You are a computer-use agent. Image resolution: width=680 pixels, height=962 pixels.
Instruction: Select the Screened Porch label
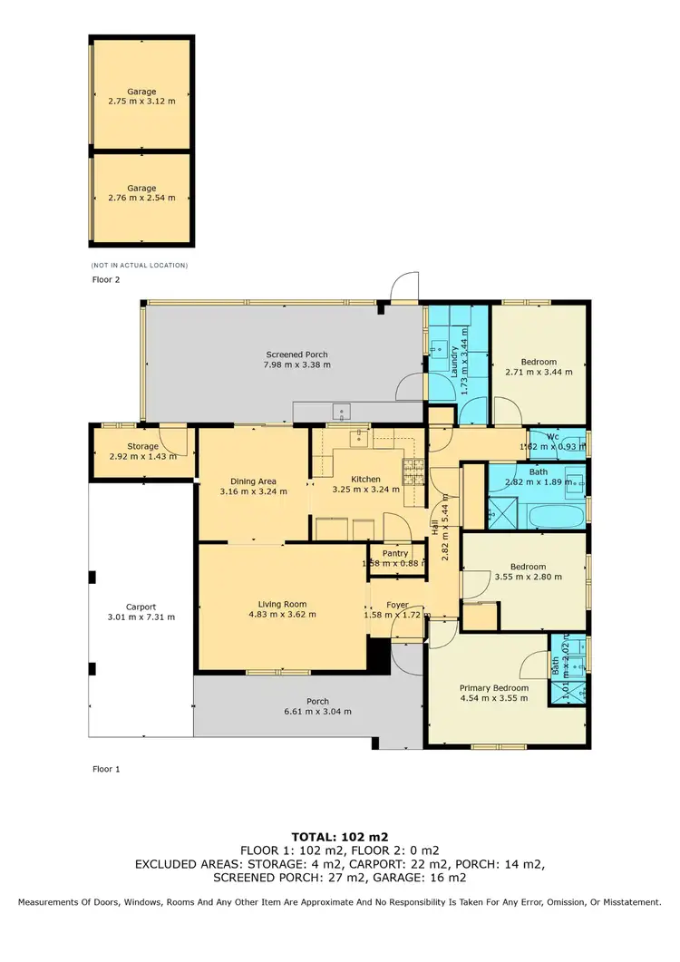[296, 354]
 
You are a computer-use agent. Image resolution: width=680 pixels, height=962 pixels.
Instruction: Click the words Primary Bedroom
[492, 687]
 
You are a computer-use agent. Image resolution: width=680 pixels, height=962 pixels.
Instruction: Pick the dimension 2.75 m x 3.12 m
[141, 102]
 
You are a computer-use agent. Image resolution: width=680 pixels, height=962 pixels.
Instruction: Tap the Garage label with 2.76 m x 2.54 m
[141, 188]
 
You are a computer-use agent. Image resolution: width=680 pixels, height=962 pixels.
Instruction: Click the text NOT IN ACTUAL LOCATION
[139, 265]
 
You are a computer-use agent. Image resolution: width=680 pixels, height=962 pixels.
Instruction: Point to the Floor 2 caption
[106, 280]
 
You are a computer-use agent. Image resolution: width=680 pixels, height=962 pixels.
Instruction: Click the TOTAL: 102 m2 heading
[339, 835]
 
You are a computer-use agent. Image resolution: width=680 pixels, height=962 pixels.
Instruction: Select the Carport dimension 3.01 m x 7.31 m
[141, 617]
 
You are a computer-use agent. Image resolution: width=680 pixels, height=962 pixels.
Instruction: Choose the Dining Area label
[253, 481]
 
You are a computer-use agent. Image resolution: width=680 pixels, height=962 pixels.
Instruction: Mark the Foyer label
[397, 605]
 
